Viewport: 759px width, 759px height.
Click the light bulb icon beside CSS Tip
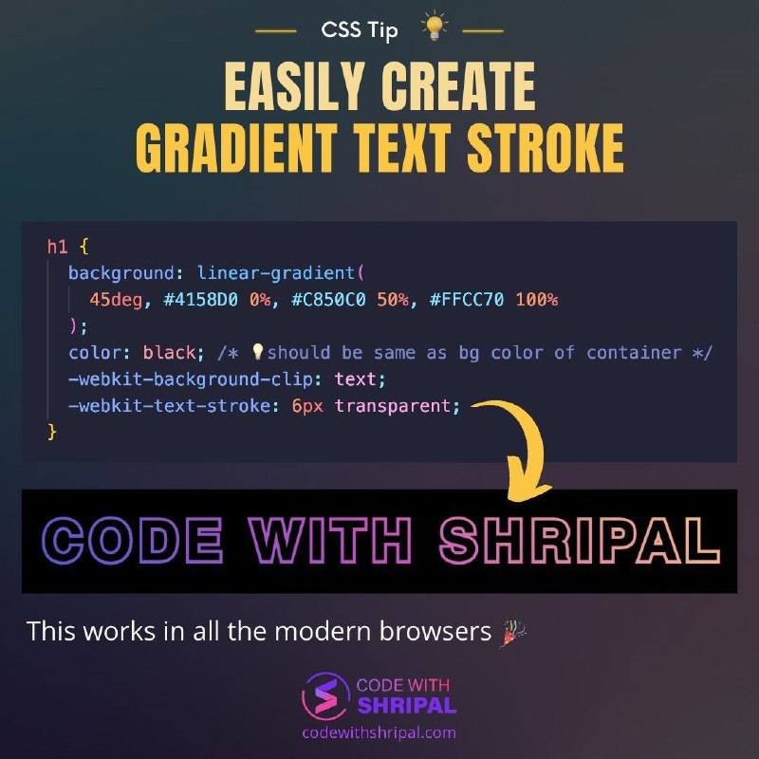point(435,26)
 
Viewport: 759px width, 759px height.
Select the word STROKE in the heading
point(546,147)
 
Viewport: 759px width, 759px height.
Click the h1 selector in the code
point(57,247)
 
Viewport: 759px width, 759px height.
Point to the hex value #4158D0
point(200,300)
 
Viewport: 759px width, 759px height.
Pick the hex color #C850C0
point(328,300)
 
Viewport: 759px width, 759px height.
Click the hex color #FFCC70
point(466,300)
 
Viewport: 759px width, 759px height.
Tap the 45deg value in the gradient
point(116,300)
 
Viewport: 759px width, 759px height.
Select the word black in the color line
point(169,352)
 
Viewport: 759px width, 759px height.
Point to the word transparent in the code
point(393,406)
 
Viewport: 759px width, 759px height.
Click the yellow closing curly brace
point(52,432)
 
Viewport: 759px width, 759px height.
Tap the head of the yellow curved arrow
point(528,488)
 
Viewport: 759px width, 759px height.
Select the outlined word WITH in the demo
point(329,540)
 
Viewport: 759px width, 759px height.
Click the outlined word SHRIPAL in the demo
point(580,540)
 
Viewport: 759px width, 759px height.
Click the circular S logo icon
point(325,696)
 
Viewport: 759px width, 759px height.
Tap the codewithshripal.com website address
point(379,732)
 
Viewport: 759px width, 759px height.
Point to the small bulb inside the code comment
point(258,351)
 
